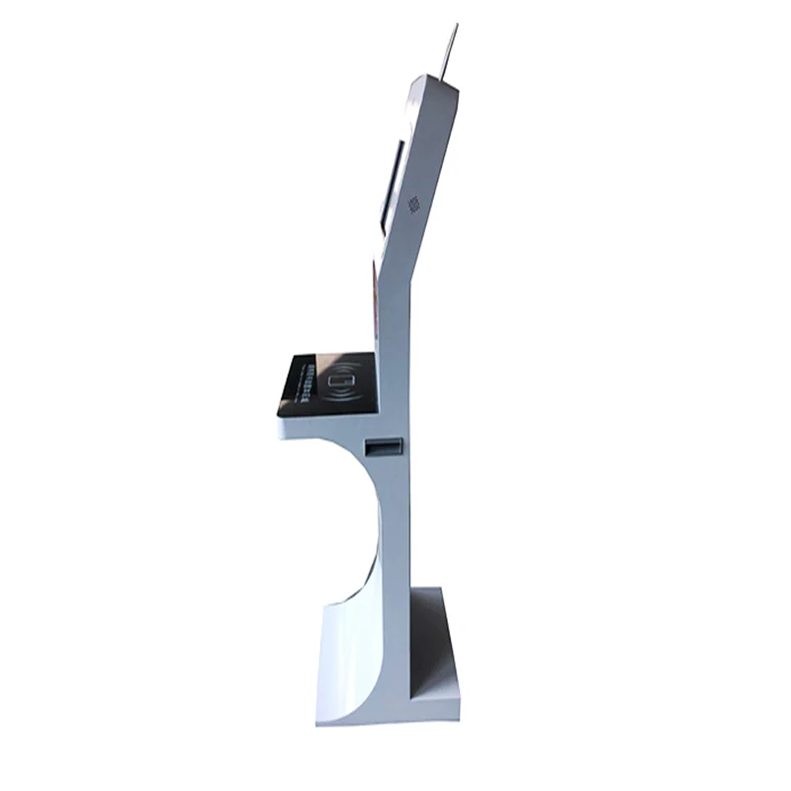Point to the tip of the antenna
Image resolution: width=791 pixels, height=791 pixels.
click(457, 26)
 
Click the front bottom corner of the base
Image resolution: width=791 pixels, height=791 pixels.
click(318, 722)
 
